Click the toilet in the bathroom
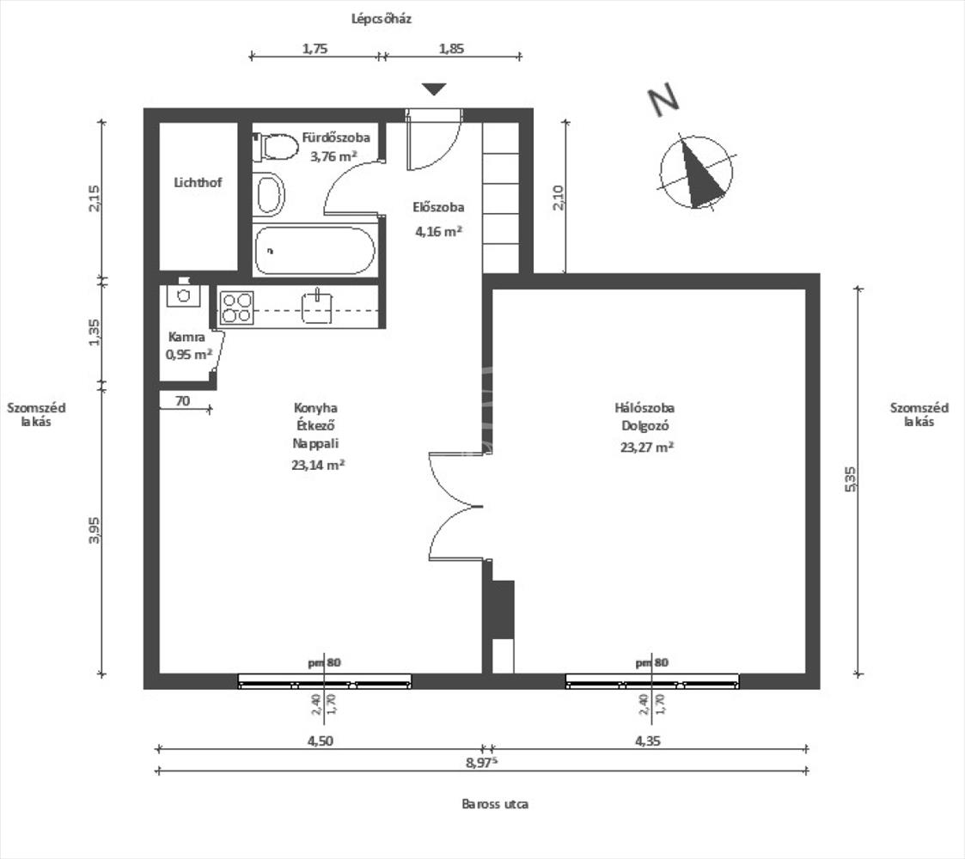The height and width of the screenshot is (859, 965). click(x=275, y=147)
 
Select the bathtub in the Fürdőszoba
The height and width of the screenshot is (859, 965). click(x=315, y=251)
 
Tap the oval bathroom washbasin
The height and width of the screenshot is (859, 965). click(x=270, y=195)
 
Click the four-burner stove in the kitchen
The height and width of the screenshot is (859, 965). click(x=236, y=308)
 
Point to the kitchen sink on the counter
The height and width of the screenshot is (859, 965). click(x=316, y=307)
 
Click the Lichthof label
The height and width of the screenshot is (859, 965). click(x=198, y=183)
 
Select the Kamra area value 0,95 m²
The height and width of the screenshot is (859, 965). click(x=189, y=354)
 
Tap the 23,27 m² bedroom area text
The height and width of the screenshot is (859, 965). click(x=645, y=447)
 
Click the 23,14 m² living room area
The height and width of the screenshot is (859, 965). click(x=319, y=465)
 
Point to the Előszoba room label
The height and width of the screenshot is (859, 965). click(x=438, y=207)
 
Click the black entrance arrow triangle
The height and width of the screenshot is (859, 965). click(x=435, y=88)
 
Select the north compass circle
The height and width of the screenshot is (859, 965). click(x=697, y=171)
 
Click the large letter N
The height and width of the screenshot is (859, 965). click(x=663, y=101)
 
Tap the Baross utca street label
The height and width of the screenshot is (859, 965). click(x=494, y=805)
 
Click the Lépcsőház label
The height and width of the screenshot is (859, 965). click(x=382, y=18)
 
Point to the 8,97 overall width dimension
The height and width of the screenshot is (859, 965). click(x=485, y=762)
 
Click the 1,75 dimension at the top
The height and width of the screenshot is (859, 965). click(x=315, y=49)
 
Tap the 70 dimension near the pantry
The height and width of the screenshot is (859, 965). click(x=182, y=400)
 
